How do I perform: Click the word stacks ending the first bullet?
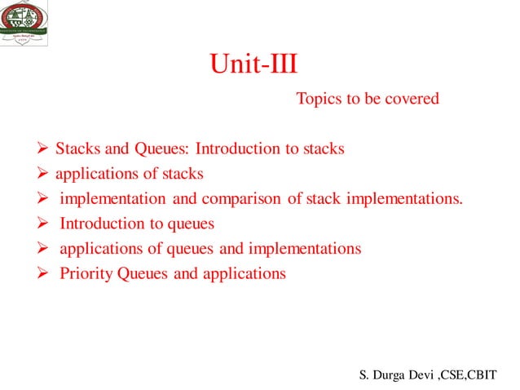pos(324,149)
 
